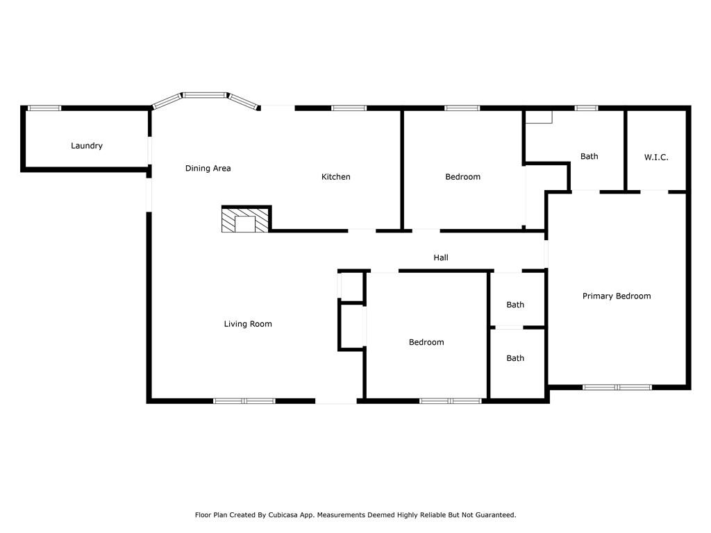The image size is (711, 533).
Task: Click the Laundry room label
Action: click(x=87, y=146)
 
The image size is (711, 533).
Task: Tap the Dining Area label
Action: click(x=208, y=168)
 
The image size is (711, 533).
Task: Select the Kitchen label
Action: click(x=335, y=177)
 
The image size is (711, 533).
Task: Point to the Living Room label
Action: click(x=248, y=323)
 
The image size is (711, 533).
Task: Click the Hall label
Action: click(x=441, y=257)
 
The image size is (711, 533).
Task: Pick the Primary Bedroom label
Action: click(x=617, y=296)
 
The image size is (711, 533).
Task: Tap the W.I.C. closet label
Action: click(x=655, y=158)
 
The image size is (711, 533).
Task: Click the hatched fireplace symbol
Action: click(x=245, y=220)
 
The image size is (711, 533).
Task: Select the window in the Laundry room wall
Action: click(x=44, y=108)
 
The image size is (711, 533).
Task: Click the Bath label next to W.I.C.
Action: click(x=589, y=156)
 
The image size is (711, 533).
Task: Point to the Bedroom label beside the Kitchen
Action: click(x=462, y=177)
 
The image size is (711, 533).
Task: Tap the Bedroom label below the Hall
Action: click(x=426, y=342)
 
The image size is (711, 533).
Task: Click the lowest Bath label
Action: click(x=515, y=358)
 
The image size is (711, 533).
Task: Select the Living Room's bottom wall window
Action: click(x=244, y=401)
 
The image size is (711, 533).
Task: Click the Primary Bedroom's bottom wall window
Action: click(x=617, y=387)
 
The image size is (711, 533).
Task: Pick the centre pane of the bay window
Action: click(x=205, y=95)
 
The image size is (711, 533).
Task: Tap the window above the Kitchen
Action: click(x=349, y=108)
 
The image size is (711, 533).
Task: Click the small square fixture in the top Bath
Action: click(x=539, y=117)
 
